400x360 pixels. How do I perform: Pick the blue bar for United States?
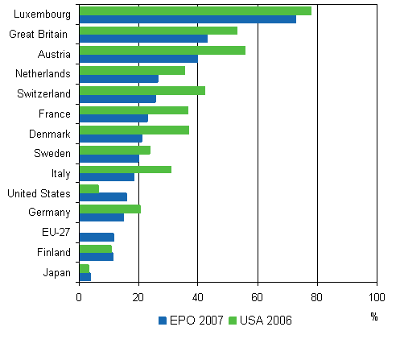coord(103,197)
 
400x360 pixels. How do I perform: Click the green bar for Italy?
coord(125,169)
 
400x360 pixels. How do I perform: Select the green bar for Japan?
coord(84,268)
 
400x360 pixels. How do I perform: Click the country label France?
coord(55,114)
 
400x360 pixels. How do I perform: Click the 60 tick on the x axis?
coord(258,296)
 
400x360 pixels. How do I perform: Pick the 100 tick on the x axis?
coord(376,296)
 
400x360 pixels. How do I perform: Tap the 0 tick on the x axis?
coord(79,296)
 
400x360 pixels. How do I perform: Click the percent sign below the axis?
coord(373,317)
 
